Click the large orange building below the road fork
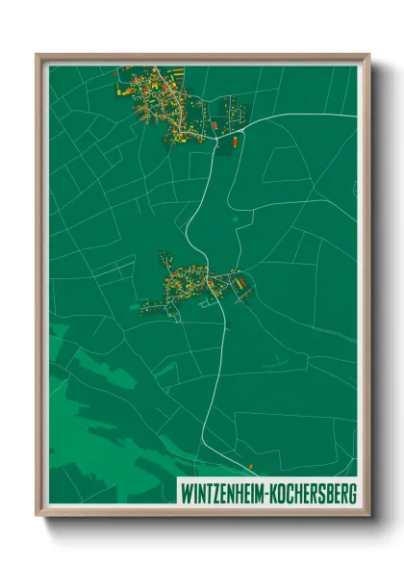click(232, 145)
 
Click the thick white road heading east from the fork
click(308, 115)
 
